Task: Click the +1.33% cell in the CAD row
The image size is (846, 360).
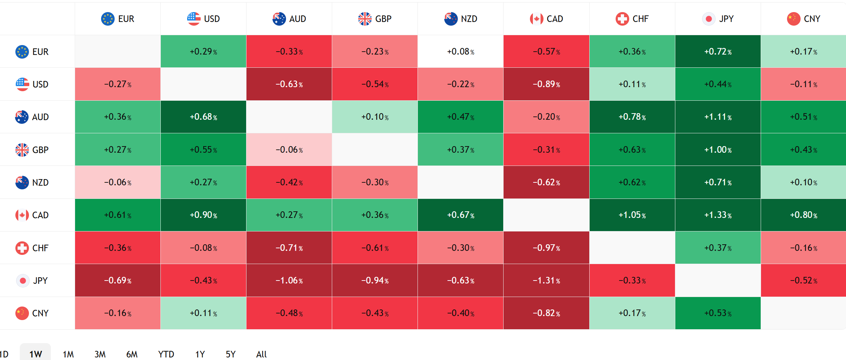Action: [718, 215]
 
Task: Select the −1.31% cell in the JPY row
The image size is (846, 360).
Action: [546, 281]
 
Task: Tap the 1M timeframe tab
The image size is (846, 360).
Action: [68, 354]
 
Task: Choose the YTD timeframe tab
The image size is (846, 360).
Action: [166, 354]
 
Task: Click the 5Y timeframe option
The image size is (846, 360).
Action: [231, 354]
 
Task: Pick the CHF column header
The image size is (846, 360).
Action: [632, 19]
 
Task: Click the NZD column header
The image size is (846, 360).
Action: [461, 19]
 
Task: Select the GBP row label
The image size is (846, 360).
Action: [32, 150]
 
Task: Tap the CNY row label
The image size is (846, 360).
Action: [32, 313]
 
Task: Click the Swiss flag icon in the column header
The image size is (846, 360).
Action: [622, 19]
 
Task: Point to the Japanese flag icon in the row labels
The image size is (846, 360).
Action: [22, 281]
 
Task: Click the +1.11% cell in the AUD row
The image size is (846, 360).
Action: [718, 117]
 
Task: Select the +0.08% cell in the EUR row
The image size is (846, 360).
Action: [461, 52]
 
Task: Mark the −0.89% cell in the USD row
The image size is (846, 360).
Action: [546, 84]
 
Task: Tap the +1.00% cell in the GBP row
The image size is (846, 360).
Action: [718, 150]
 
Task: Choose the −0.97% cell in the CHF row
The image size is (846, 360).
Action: [546, 248]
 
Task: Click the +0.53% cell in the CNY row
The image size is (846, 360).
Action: [718, 313]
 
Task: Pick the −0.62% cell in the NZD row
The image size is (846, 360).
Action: [546, 182]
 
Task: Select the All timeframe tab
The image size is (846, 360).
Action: [261, 354]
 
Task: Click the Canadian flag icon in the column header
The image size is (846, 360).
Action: [536, 19]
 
